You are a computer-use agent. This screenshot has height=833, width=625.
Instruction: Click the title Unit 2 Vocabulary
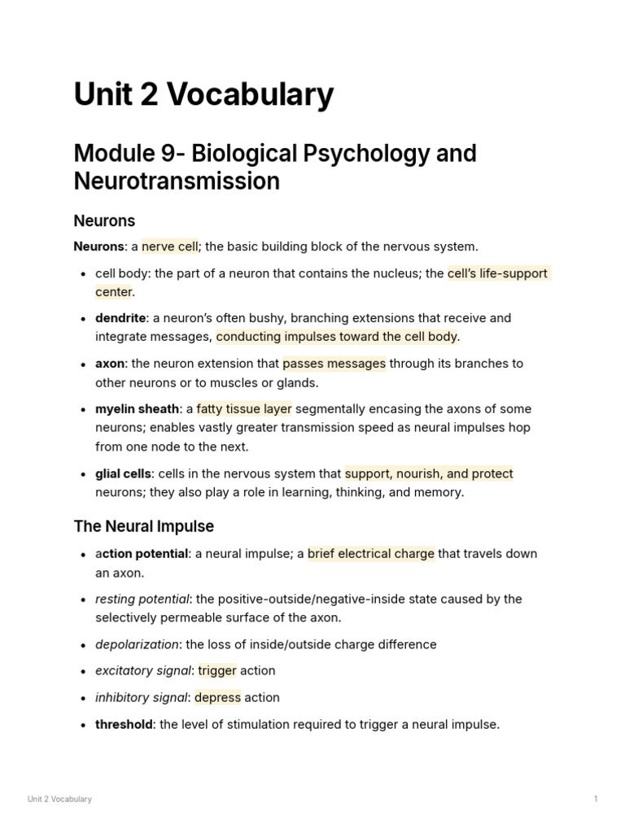(203, 95)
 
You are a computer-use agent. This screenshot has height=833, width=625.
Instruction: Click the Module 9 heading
(275, 166)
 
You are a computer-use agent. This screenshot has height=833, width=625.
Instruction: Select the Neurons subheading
(104, 220)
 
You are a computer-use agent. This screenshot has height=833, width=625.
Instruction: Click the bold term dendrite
(120, 318)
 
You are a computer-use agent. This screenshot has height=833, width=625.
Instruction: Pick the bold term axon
(110, 364)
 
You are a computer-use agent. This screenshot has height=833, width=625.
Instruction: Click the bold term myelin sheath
(137, 409)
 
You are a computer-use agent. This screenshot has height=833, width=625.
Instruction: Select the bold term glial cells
(123, 473)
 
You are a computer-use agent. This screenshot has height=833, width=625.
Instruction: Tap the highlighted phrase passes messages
(334, 364)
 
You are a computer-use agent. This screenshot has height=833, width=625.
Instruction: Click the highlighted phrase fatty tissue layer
(244, 409)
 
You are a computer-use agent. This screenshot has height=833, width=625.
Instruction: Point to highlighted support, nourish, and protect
(429, 473)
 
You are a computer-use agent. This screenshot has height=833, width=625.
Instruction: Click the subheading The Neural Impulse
(143, 526)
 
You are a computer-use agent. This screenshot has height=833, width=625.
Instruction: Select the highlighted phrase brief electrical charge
(371, 554)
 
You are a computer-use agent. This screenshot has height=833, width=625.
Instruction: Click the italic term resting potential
(142, 600)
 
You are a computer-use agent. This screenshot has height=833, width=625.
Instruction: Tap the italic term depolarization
(137, 644)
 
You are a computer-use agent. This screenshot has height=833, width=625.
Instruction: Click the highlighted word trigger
(217, 671)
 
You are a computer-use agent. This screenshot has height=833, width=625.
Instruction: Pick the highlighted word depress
(217, 698)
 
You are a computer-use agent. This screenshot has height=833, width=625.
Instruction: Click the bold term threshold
(124, 724)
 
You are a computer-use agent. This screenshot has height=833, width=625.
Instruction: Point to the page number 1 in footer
(596, 799)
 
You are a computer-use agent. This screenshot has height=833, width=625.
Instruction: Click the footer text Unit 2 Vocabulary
(59, 799)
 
